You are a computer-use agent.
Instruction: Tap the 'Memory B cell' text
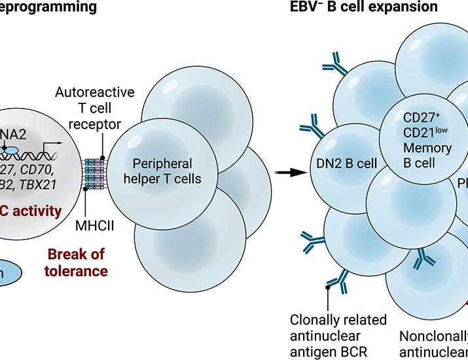click(x=428, y=155)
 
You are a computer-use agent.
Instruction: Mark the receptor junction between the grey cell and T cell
click(x=94, y=173)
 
